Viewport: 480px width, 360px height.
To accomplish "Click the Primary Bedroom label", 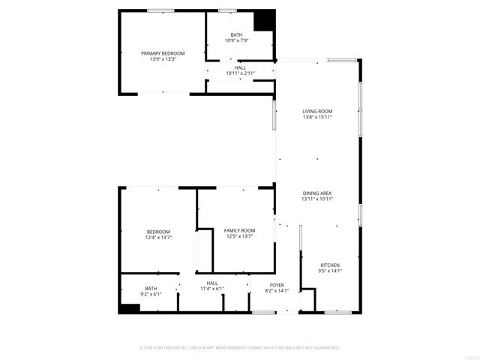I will pos(163,53).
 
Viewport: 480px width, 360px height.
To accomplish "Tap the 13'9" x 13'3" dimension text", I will pos(163,59).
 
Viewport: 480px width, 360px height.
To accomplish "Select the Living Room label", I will pos(317,111).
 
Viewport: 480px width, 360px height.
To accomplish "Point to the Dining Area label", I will pos(317,193).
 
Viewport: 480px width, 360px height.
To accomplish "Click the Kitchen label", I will pos(330,265).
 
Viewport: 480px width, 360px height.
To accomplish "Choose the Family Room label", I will pos(239,230).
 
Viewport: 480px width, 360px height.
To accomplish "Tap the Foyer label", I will pos(277,285).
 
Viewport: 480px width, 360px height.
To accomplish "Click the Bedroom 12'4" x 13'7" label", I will pos(158,231).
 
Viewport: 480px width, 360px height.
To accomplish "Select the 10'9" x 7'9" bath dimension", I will pos(237,40).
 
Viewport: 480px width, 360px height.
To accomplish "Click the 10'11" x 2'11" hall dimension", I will pos(241,73).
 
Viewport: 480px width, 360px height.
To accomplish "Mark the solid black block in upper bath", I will pos(263,20).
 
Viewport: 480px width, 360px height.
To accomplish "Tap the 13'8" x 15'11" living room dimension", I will pos(317,117).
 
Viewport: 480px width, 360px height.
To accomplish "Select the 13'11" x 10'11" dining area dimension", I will pos(317,199).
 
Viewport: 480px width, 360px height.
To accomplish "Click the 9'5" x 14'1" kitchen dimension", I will pos(330,271).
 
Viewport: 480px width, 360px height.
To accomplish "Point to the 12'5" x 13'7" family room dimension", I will pos(239,236).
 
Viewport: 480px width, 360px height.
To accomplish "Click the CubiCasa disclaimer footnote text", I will pos(240,348).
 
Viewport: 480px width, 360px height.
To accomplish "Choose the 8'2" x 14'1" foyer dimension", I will pos(277,291).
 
